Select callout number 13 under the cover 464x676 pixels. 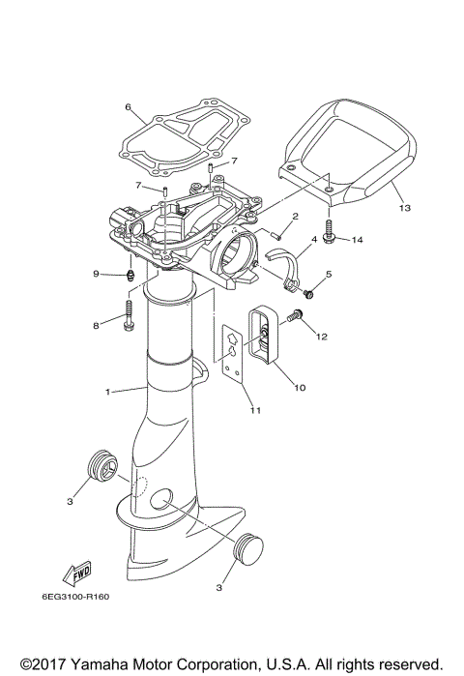pyautogui.click(x=404, y=208)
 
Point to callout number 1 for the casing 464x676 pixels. pyautogui.click(x=108, y=392)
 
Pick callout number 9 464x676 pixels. pyautogui.click(x=97, y=275)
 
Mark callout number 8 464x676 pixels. pyautogui.click(x=97, y=326)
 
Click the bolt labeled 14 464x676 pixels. pyautogui.click(x=331, y=233)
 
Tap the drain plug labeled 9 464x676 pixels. pyautogui.click(x=129, y=274)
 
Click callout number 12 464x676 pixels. pyautogui.click(x=321, y=337)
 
